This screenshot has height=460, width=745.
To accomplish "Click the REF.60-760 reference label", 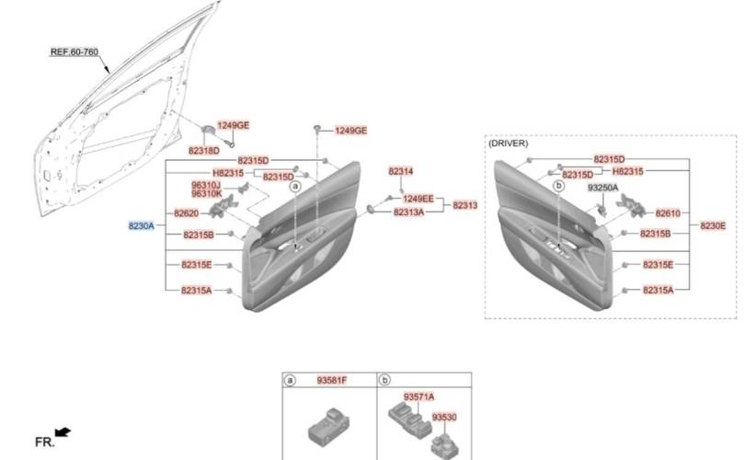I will coord(74,52).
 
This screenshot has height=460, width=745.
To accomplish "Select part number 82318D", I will coord(203,150).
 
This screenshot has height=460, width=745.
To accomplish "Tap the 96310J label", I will coord(206,185).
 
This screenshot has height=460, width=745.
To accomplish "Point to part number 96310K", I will coord(206,194).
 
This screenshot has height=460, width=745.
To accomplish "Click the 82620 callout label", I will coord(187,213).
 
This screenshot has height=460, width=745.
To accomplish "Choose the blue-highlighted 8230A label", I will coord(141,225).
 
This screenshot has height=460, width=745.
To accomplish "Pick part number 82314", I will coord(400,172).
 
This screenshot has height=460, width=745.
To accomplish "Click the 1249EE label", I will coord(418,199).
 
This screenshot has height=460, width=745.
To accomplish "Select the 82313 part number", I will coord(464,205).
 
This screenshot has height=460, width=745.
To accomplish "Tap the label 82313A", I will coord(408,213).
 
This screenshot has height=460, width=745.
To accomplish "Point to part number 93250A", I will coord(603,188).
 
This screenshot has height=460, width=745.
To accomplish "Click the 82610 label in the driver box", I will coord(668,213).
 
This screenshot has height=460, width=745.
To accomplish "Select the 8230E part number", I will coord(713,225).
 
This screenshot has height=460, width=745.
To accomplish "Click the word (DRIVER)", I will coord(508,144).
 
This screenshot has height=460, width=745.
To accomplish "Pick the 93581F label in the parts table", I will coord(333,380).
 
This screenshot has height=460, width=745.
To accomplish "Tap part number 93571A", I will coord(418,397).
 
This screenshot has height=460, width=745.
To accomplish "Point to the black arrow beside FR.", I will coord(63,431).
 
